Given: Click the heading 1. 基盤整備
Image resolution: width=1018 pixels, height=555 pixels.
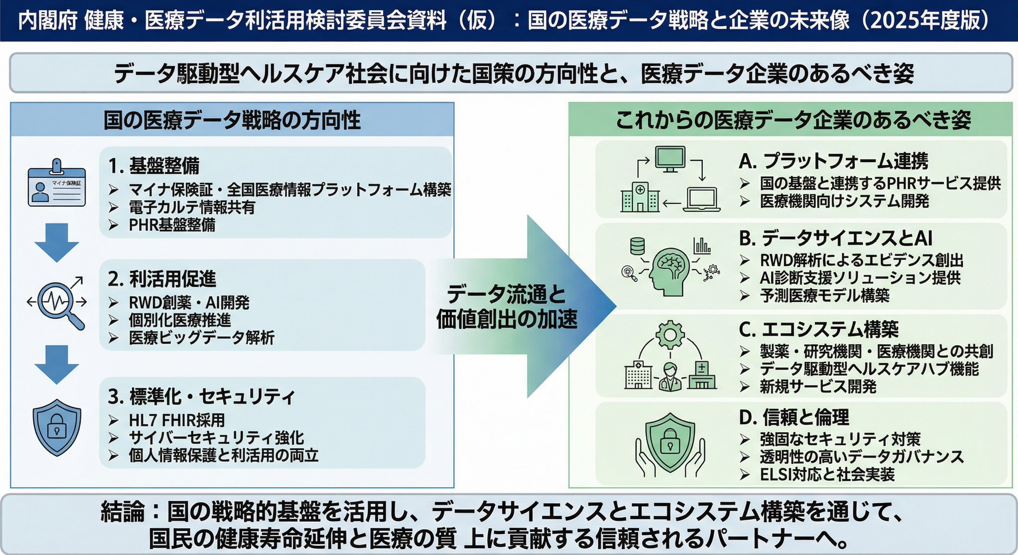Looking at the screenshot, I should pos(154,165).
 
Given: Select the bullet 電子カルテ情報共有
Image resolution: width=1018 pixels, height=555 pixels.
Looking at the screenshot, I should pos(191,207).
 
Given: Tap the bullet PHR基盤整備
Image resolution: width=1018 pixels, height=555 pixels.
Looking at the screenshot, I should pos(172,225).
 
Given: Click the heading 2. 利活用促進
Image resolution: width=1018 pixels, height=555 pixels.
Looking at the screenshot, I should pos(162,279).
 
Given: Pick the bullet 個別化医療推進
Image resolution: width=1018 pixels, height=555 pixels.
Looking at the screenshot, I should pos(179,320).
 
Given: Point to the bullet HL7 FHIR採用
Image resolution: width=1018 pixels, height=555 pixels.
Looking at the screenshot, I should pos(176,420).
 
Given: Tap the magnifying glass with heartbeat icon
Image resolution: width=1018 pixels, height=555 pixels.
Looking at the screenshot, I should pos(58,302).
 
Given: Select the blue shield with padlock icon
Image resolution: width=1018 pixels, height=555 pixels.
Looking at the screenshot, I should pos(57,428).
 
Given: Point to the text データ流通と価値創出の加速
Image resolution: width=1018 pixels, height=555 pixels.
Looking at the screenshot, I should pos(507,307).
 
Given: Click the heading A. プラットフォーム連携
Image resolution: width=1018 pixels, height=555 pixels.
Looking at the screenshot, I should pos(834,161).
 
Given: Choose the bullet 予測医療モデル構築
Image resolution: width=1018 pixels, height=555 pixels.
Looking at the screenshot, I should pos(824,296).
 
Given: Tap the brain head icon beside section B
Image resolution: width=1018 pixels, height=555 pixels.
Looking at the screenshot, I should pos(670,268).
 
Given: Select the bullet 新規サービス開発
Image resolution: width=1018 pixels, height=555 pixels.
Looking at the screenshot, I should pos(818,387).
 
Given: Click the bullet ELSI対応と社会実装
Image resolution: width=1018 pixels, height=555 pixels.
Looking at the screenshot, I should pos(827,475).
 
